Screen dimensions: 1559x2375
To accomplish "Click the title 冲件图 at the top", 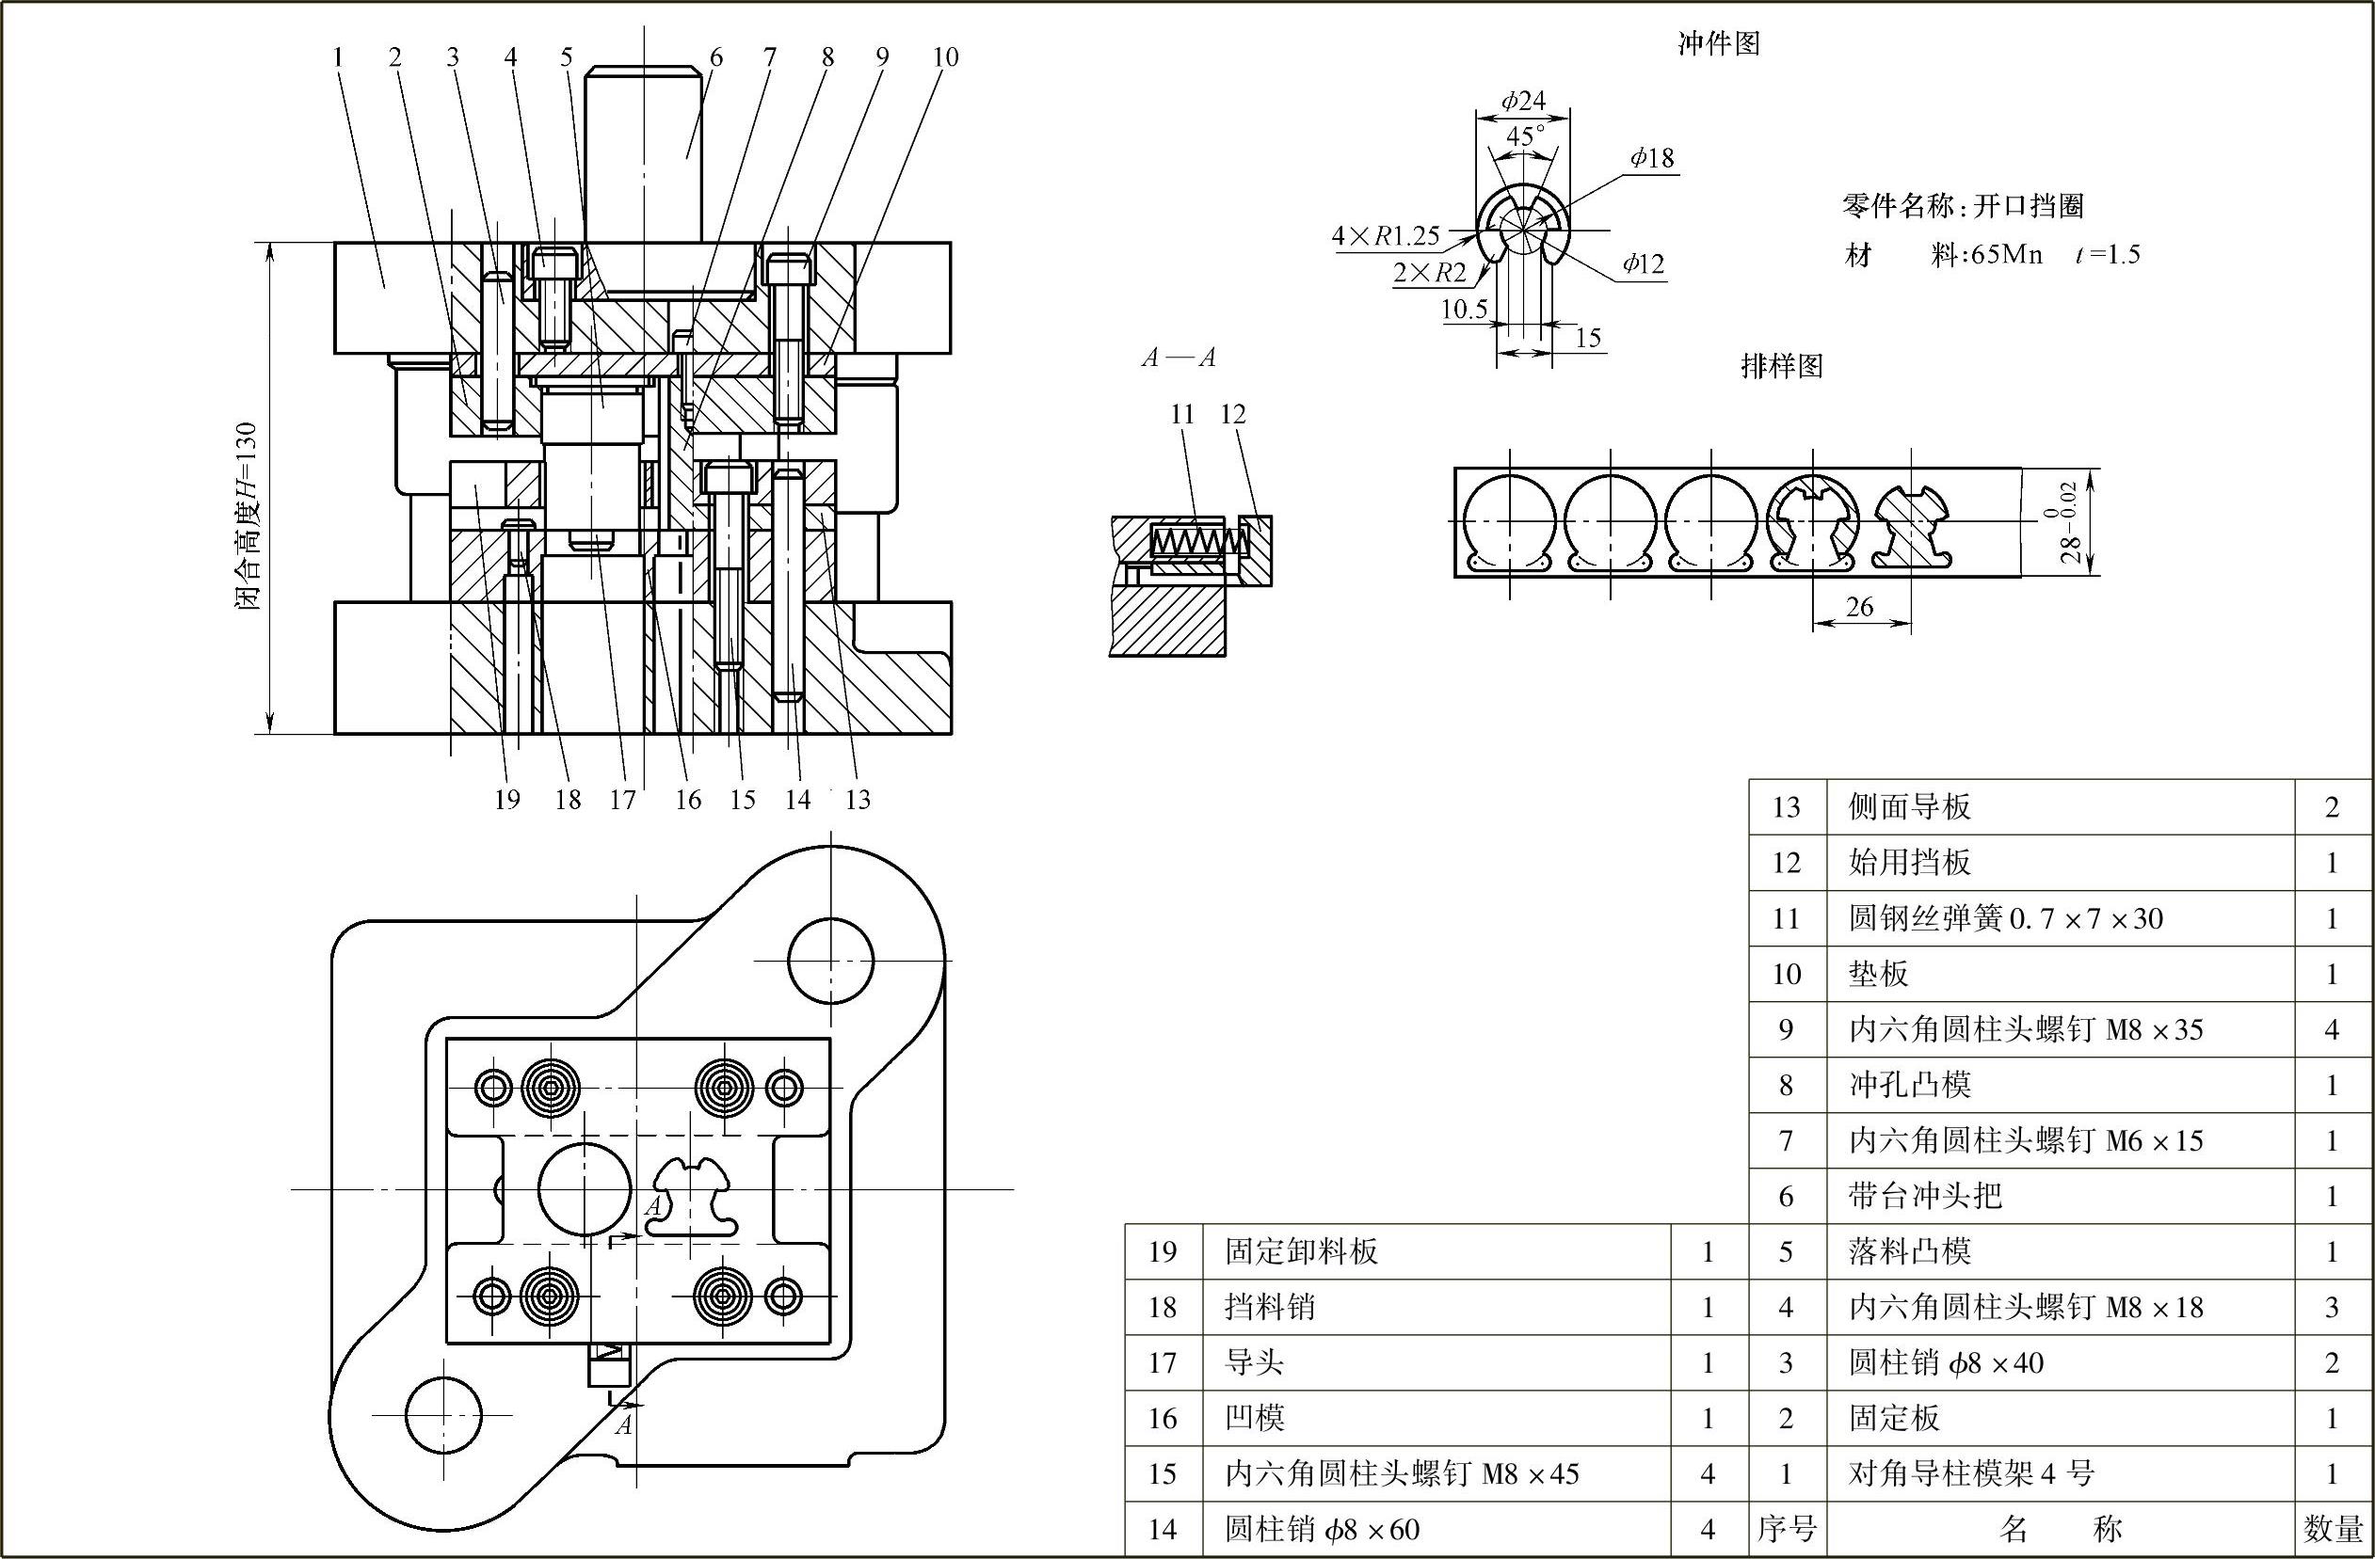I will click(x=1718, y=43).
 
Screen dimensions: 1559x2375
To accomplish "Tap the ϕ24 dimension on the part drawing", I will click(x=1523, y=100).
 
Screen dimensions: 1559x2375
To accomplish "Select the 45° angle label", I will click(x=1524, y=135).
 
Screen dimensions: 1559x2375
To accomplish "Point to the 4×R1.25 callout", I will click(x=1385, y=235).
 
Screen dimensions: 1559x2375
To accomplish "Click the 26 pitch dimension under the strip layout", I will click(x=1859, y=607).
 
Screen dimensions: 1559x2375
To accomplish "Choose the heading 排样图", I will click(x=1781, y=366).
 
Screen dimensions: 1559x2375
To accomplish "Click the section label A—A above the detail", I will click(x=1179, y=358).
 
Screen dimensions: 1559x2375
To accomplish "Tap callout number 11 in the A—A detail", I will click(x=1181, y=414).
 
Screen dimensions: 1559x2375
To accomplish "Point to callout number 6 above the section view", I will click(x=715, y=57).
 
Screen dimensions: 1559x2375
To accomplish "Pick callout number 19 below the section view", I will click(x=507, y=799).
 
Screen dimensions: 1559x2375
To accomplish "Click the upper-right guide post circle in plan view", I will click(x=830, y=962).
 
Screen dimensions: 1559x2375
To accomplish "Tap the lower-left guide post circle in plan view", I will click(x=444, y=1414).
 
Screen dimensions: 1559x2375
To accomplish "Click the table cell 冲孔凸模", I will click(x=1910, y=1084).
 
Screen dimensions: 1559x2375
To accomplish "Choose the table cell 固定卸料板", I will click(x=1301, y=1250).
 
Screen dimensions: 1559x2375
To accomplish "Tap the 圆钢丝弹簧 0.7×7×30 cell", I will click(x=2006, y=917).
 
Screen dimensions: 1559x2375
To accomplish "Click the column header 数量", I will click(x=2331, y=1529).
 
